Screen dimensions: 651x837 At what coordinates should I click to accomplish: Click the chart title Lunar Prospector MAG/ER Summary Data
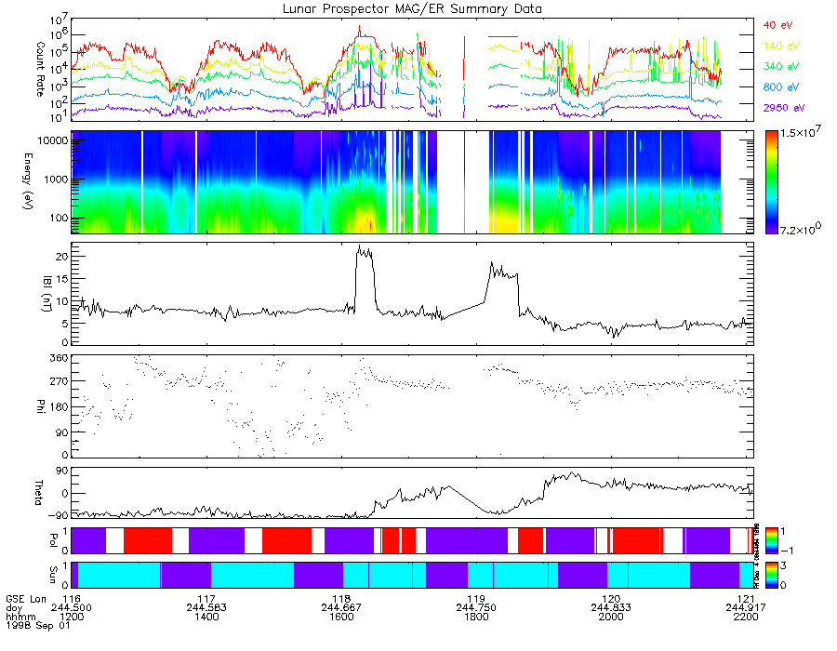412,8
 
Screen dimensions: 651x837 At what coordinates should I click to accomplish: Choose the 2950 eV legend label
780,109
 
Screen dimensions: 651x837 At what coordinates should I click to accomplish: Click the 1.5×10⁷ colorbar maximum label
801,136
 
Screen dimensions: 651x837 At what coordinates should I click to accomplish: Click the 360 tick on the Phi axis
59,357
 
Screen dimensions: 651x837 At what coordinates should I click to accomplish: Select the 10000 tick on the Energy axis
51,139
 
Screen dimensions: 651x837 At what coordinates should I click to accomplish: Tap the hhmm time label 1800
476,615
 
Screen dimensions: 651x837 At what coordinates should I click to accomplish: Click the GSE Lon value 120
611,598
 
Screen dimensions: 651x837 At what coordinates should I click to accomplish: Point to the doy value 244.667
341,606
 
